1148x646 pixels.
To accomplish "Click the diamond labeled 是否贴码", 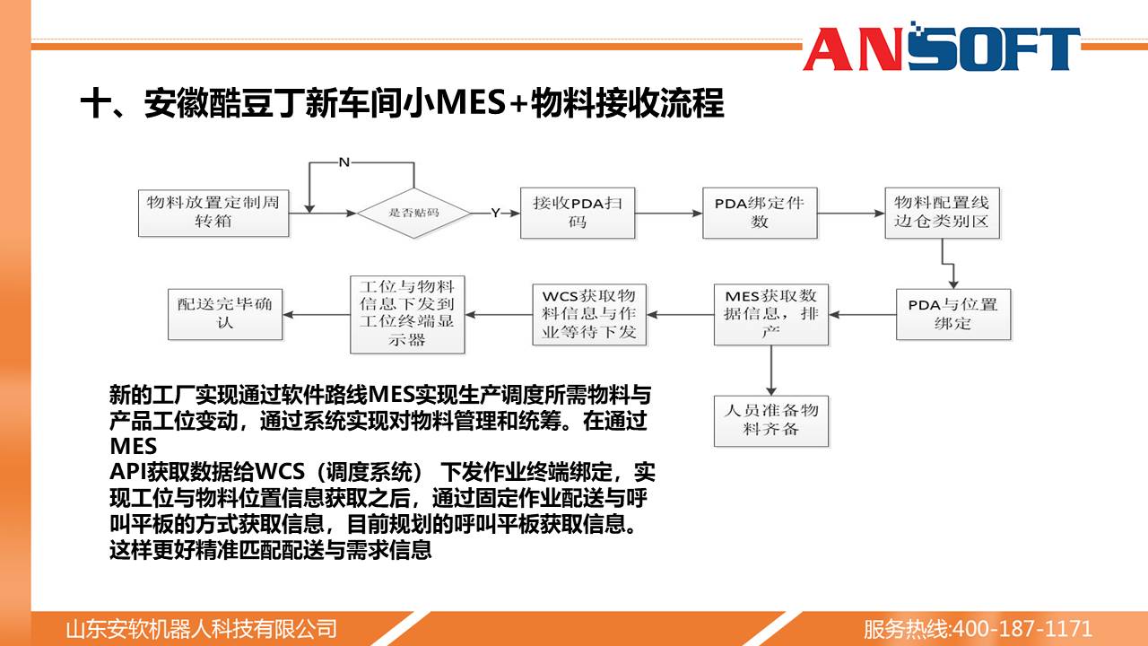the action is tap(413, 213).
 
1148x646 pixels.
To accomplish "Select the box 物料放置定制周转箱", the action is tap(213, 214).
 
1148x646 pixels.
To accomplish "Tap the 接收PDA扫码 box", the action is tap(578, 213).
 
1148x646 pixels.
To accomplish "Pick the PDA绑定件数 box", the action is tap(760, 213).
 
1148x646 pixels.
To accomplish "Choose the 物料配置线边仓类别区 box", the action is tap(942, 213).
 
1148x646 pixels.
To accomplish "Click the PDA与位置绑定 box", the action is tap(953, 314).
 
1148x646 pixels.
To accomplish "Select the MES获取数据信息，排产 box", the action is tap(770, 314).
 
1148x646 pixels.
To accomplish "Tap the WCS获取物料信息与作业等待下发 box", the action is tap(589, 314).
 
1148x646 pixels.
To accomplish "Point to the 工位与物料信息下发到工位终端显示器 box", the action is tap(407, 314).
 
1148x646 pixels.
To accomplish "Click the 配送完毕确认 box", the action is tap(225, 314).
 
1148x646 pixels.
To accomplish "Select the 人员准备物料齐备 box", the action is tap(770, 421).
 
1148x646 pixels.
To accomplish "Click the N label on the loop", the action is tap(344, 162).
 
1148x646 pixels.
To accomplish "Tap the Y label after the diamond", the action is tap(495, 213).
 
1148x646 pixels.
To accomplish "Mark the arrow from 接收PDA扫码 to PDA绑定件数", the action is tap(669, 214).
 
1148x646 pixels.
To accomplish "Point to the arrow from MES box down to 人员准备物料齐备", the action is tap(770, 371).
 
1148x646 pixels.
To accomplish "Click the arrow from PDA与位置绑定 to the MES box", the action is tap(862, 314).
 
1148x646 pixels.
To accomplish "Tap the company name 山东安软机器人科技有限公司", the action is tap(201, 629).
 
